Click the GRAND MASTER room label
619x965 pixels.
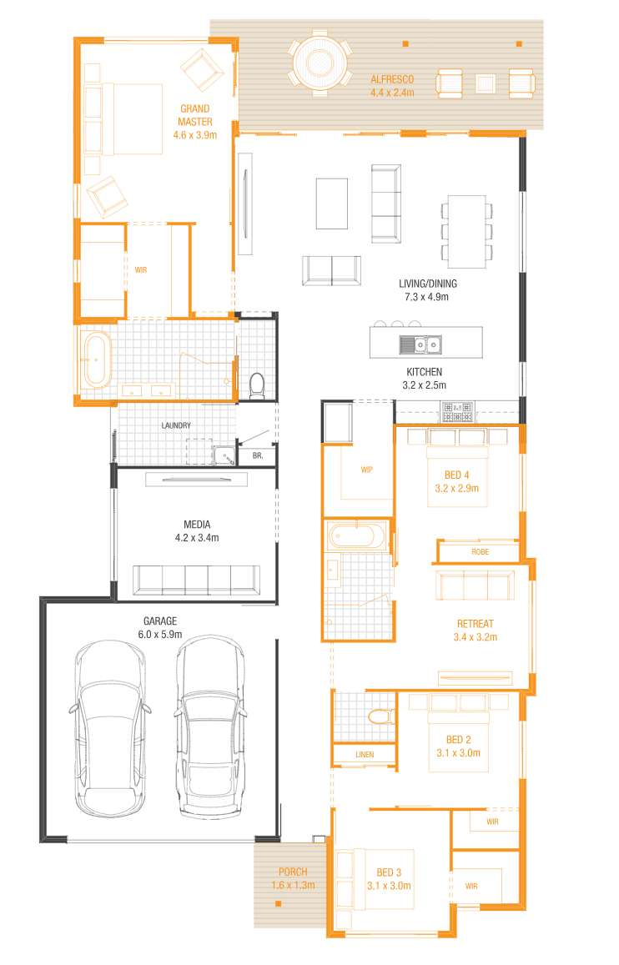click(x=195, y=115)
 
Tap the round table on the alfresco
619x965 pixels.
click(x=320, y=63)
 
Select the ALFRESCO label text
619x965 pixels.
click(x=392, y=79)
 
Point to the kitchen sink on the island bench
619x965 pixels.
click(x=421, y=344)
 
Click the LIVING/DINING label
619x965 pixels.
click(x=428, y=284)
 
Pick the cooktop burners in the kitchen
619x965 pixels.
click(x=457, y=412)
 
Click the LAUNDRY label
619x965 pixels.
click(x=176, y=425)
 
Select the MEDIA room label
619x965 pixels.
click(x=197, y=525)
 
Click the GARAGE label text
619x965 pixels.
click(x=160, y=621)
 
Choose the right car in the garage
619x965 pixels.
click(x=210, y=726)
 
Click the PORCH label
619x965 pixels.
click(x=293, y=872)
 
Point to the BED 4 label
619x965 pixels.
click(x=456, y=475)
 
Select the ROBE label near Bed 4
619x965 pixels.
click(x=480, y=552)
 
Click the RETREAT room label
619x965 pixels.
click(x=475, y=624)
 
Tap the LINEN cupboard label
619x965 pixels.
click(x=365, y=755)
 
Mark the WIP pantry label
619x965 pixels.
click(x=367, y=470)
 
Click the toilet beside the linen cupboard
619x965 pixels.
click(x=381, y=716)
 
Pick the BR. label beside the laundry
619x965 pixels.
click(x=258, y=456)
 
